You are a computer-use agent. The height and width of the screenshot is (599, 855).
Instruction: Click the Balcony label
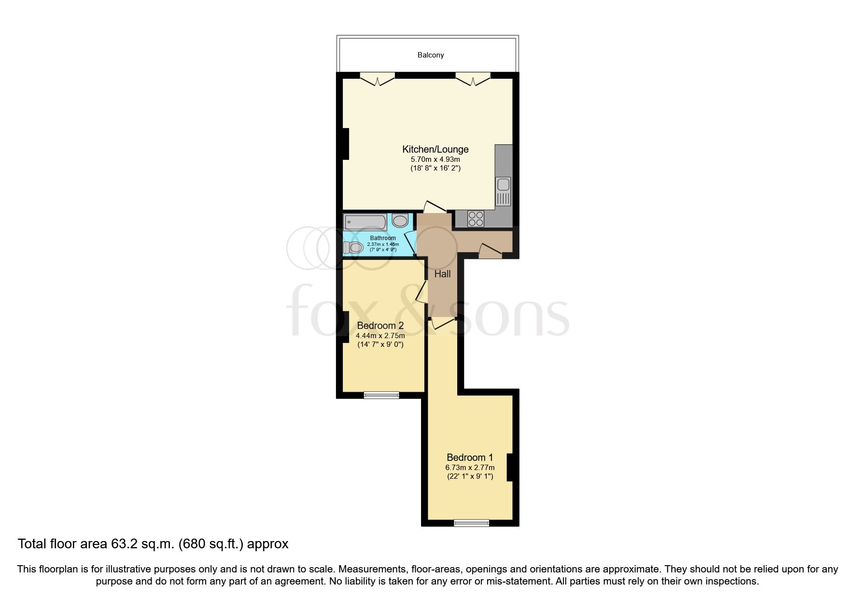pos(431,55)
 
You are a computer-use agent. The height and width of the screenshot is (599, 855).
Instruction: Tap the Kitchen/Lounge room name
pos(435,149)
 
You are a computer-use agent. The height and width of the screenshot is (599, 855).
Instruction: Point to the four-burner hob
pos(476,219)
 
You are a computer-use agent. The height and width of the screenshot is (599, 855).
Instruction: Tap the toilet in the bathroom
pos(353,248)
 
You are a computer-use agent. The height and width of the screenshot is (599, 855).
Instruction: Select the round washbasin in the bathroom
pos(400,221)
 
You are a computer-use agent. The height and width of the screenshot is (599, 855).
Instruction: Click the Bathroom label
pos(383,238)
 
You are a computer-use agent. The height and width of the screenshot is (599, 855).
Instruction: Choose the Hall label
pos(442,274)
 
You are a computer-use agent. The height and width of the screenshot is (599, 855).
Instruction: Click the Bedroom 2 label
pos(380,326)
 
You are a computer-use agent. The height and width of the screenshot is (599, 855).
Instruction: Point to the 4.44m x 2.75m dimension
pos(380,336)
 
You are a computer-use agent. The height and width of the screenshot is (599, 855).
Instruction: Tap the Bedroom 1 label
pos(470,457)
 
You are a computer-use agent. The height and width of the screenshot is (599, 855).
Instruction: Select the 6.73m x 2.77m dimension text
pos(470,468)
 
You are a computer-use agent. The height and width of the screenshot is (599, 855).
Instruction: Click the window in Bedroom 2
pos(381,395)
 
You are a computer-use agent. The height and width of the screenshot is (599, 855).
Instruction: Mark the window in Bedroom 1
pos(472,523)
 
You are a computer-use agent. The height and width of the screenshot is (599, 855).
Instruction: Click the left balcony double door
pos(377,79)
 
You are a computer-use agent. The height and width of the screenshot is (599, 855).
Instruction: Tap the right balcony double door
pos(473,79)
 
